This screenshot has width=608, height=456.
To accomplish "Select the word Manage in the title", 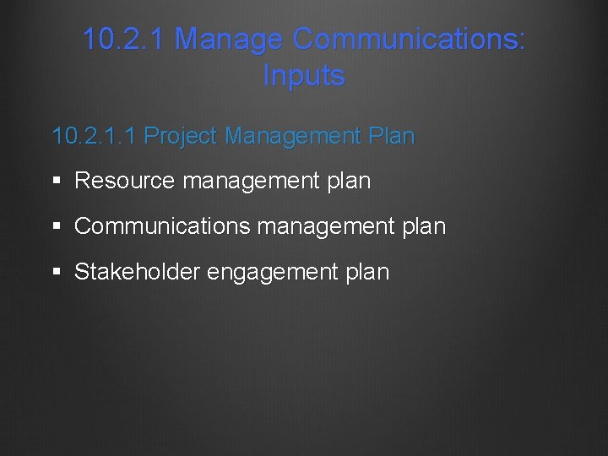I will coord(229,39).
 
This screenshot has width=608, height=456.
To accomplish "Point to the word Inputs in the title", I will coord(304,75).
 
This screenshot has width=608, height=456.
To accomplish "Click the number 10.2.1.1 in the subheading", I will coord(94,136).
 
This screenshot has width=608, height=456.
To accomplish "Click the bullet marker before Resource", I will coord(57,181).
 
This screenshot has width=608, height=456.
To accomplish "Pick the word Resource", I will coord(125,181).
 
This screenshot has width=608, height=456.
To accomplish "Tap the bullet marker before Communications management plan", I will coord(57,226).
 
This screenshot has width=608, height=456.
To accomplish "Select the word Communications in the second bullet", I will coord(161,226).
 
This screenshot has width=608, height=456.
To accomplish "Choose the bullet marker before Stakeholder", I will coord(57,272).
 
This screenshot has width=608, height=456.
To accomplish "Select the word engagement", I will coord(273,272).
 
